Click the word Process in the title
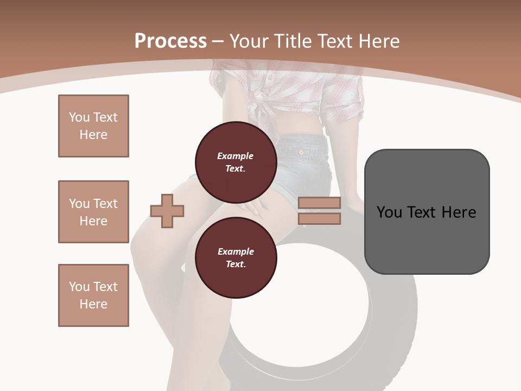click(x=170, y=41)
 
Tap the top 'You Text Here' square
click(x=93, y=126)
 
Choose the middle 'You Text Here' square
click(x=93, y=212)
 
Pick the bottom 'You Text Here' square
click(x=93, y=295)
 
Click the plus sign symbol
click(x=167, y=211)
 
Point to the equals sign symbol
click(x=319, y=211)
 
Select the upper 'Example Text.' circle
click(x=236, y=162)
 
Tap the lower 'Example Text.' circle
click(x=236, y=257)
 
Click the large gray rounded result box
click(x=427, y=212)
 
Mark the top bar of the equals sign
click(x=319, y=203)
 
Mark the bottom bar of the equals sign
click(x=319, y=218)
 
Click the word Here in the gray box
click(x=459, y=212)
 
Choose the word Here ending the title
click(x=379, y=41)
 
